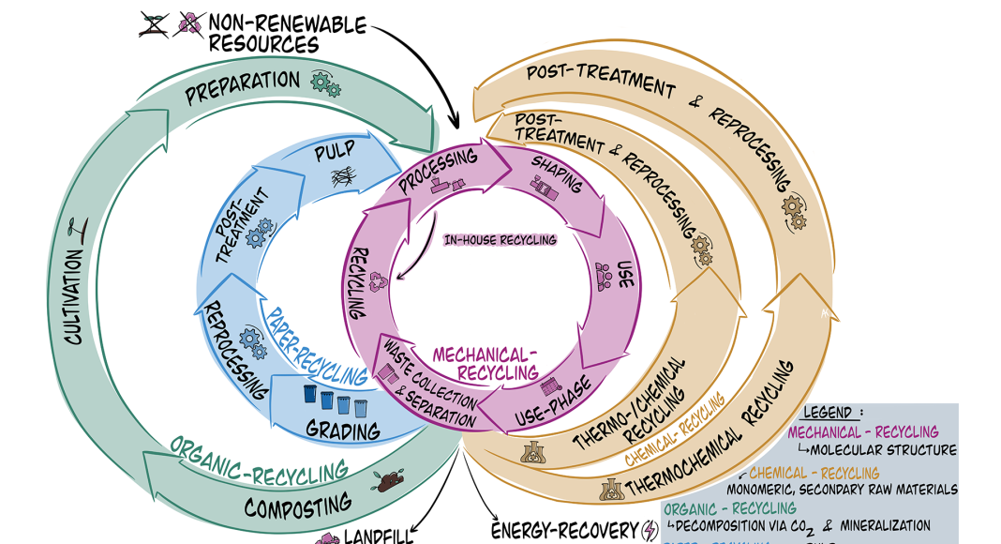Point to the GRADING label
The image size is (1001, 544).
[344, 431]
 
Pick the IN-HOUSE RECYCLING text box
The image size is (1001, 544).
[500, 240]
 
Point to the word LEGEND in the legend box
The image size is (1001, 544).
[828, 413]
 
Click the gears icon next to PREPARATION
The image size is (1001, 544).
[325, 86]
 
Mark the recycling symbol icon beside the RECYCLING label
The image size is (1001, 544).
[379, 280]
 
